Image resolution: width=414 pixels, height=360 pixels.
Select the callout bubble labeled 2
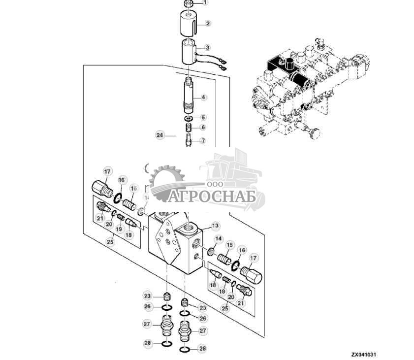208,23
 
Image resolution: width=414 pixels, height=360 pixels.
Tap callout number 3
208,48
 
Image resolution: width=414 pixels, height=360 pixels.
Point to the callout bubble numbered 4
203,98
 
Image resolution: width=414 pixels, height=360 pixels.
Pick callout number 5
203,118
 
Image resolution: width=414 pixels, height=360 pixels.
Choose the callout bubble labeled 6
203,128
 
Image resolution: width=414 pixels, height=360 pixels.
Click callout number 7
203,141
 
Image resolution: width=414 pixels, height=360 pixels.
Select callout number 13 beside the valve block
215,226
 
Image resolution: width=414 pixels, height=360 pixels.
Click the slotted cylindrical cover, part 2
189,24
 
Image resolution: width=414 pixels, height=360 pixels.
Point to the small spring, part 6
189,128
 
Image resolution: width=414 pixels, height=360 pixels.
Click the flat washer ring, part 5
189,119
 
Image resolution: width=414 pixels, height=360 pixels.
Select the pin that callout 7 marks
189,142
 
